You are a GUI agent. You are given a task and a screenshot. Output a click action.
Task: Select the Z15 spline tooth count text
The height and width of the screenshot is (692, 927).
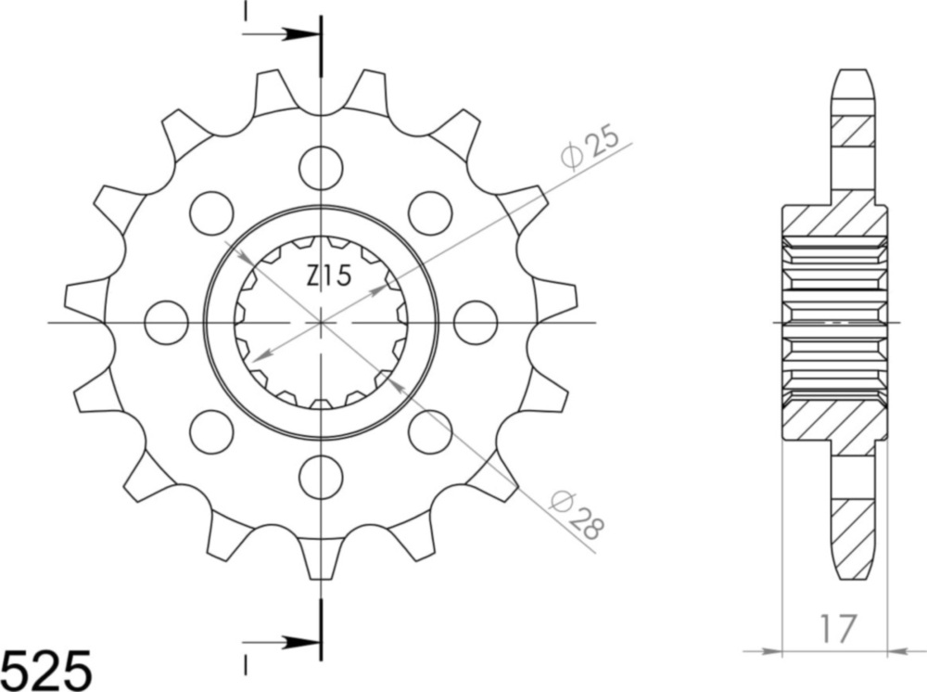pos(329,276)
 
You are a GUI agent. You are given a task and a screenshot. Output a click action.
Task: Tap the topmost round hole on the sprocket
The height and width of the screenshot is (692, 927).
pos(321,168)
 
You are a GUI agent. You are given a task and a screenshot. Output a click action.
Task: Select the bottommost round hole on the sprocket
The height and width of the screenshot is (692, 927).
pos(321,478)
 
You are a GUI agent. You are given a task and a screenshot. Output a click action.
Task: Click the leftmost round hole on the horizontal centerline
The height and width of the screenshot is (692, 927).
pos(167,323)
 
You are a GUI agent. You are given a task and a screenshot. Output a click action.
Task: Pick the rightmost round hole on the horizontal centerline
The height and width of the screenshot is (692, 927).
pos(476,323)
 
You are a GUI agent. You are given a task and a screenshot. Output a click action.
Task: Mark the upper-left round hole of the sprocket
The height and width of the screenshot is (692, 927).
pos(211,213)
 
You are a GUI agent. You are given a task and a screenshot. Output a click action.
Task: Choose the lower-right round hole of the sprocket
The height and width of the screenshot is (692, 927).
pos(430,432)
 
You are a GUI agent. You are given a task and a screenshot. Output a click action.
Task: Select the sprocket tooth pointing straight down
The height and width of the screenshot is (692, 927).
pos(321,557)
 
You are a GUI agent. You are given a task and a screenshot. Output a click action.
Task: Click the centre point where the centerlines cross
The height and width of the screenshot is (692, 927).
pos(321,323)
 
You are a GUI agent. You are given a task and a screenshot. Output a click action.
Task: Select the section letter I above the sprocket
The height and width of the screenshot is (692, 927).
pos(246,11)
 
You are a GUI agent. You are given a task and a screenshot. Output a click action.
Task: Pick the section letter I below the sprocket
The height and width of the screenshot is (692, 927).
pos(246,664)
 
